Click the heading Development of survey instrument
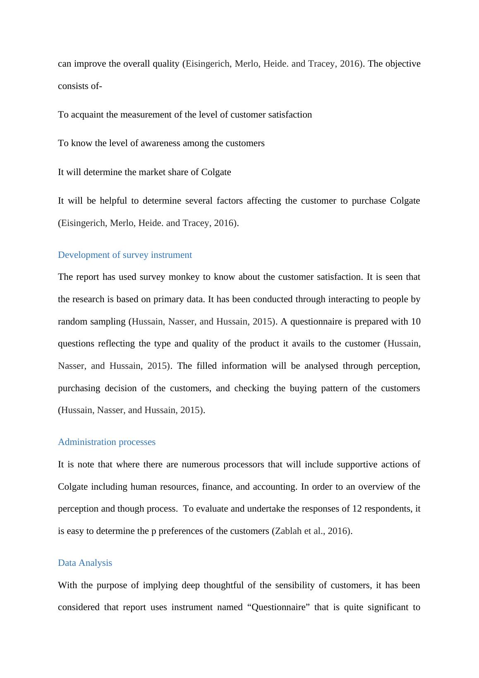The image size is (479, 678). (125, 255)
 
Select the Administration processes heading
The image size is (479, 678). (107, 442)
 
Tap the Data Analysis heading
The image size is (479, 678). (85, 563)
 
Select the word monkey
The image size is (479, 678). (184, 277)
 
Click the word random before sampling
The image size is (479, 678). (71, 322)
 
